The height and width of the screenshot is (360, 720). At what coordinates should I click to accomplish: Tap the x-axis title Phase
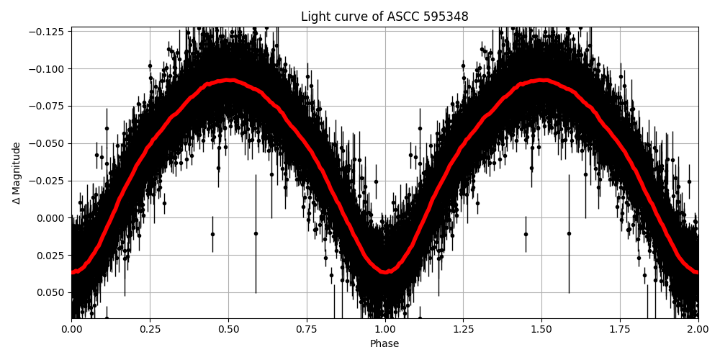pyautogui.click(x=384, y=343)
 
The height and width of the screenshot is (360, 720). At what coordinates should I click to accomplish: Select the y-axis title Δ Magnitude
pyautogui.click(x=16, y=173)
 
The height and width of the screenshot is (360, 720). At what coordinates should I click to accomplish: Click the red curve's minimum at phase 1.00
pyautogui.click(x=385, y=272)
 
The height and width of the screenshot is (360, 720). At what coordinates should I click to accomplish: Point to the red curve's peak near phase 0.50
pyautogui.click(x=228, y=80)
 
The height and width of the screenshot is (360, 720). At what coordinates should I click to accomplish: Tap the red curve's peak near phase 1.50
pyautogui.click(x=541, y=80)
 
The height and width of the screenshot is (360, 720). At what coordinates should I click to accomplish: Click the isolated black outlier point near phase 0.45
pyautogui.click(x=212, y=234)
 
